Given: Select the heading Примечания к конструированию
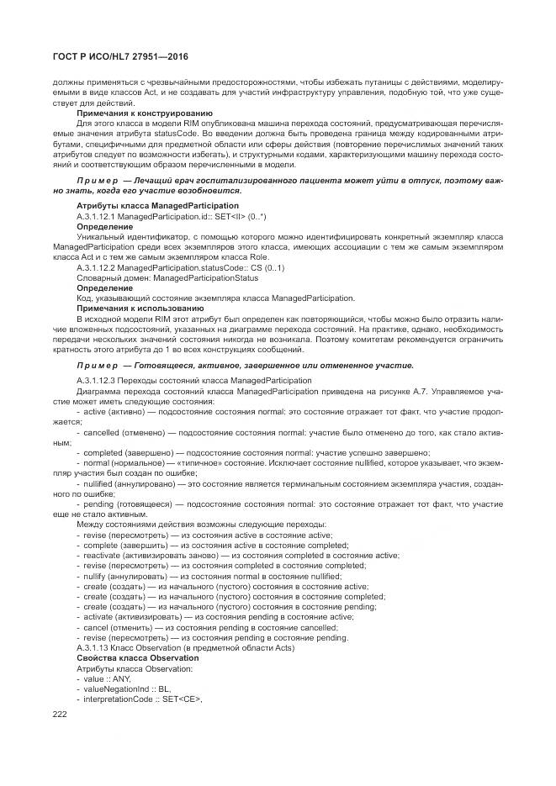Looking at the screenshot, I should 145,113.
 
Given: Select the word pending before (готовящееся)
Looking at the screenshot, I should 99,504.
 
